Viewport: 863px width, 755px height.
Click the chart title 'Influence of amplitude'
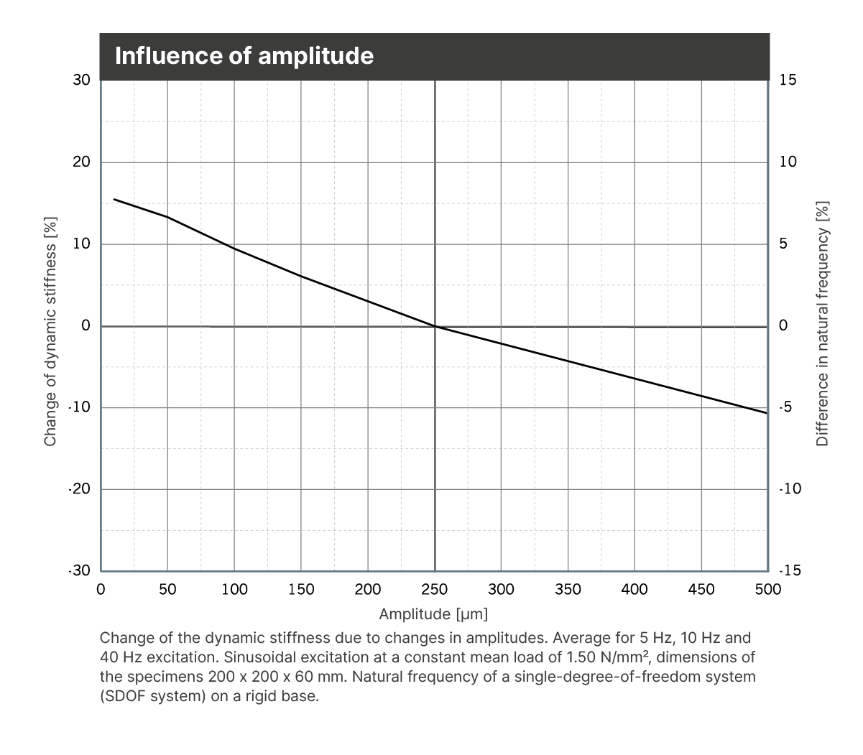(x=244, y=56)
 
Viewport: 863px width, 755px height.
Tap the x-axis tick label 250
(x=434, y=590)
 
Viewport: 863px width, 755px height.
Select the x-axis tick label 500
(x=767, y=590)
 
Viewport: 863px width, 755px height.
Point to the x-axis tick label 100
(x=234, y=590)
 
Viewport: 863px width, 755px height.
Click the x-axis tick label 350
(x=568, y=590)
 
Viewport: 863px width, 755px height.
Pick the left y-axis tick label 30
(x=82, y=80)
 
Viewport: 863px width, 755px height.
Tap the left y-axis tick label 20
(x=82, y=162)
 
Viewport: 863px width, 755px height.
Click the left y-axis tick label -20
(x=80, y=489)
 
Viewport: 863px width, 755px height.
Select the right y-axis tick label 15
(x=788, y=80)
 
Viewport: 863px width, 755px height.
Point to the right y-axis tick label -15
(x=790, y=571)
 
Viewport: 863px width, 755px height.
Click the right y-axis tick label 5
(x=784, y=244)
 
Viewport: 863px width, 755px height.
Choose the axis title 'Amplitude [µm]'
(x=433, y=614)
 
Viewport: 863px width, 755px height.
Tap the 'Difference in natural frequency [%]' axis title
(x=823, y=323)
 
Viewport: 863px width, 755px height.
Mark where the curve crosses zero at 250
(x=435, y=326)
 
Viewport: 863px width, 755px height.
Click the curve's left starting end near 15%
(x=114, y=199)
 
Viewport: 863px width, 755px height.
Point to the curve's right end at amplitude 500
(x=767, y=413)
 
